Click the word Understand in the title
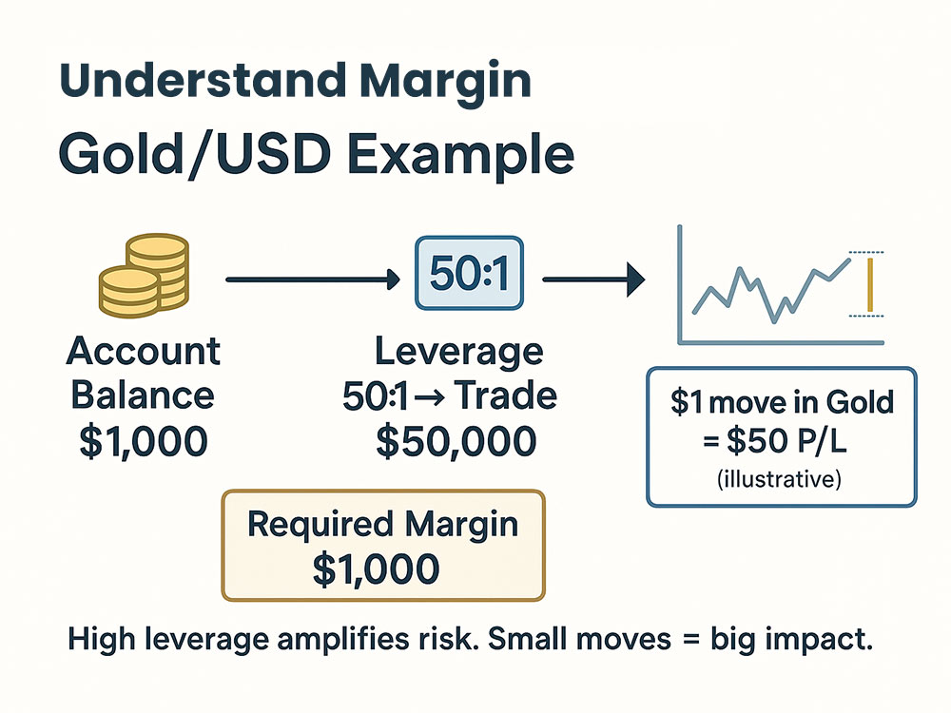[x=202, y=80]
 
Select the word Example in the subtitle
[x=461, y=155]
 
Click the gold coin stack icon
[x=145, y=276]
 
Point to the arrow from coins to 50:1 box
[x=313, y=279]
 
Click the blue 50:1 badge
[x=470, y=273]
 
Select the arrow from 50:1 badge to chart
[x=593, y=279]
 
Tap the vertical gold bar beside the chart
[x=870, y=285]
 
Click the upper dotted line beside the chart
[x=866, y=252]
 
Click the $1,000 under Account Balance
[x=144, y=441]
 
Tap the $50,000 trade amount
[x=456, y=441]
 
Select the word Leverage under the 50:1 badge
[x=459, y=353]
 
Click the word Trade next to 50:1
[x=506, y=395]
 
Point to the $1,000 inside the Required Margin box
[x=376, y=568]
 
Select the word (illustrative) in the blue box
[x=780, y=479]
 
